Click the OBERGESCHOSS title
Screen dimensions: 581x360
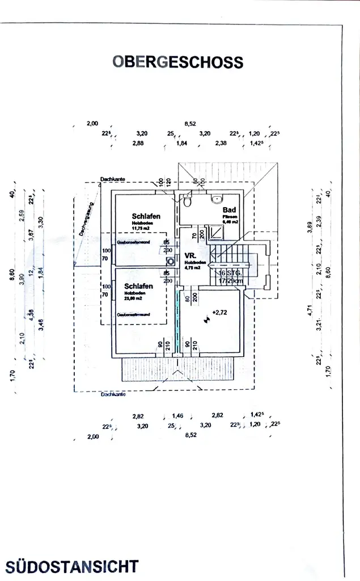[177, 62]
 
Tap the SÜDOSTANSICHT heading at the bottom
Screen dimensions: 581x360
[72, 566]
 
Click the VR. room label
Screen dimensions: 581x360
[190, 256]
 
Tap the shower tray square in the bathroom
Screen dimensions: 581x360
[217, 233]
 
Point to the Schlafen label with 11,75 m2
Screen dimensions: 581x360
[146, 216]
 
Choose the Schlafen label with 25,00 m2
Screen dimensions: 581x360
[138, 286]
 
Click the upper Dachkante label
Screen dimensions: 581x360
[112, 179]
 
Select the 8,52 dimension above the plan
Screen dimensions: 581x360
[190, 123]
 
